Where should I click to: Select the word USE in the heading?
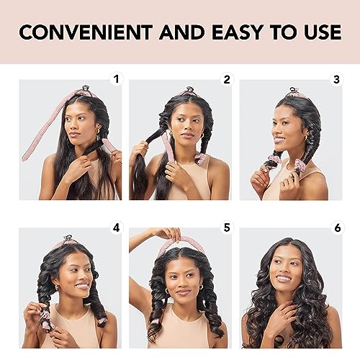point(318,32)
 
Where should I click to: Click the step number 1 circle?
point(117,79)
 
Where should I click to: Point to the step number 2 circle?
point(228,79)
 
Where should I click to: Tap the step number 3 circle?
point(336,79)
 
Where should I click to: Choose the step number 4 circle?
point(117,228)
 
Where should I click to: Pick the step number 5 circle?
point(228,228)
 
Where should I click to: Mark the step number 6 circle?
point(336,228)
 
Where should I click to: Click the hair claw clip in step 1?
point(85,90)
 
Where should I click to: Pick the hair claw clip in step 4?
point(68,238)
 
